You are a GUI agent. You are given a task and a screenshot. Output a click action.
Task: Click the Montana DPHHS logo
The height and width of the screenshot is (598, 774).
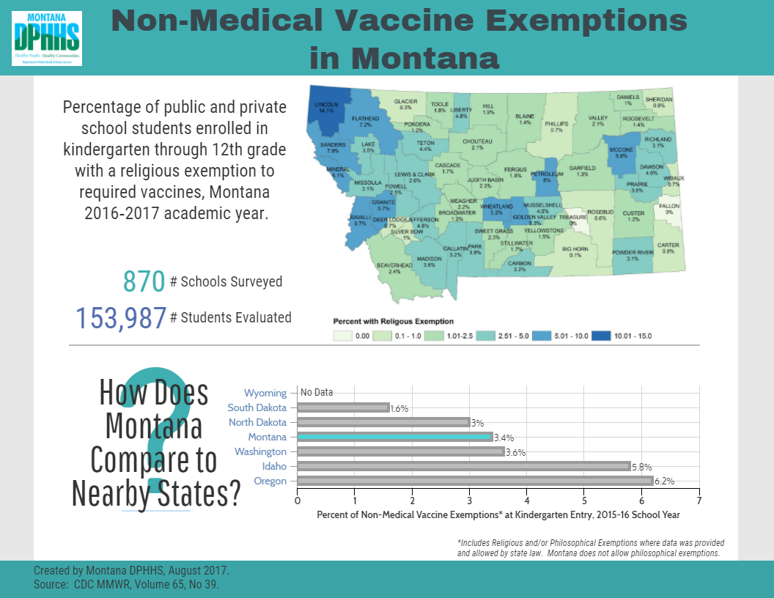[46, 38]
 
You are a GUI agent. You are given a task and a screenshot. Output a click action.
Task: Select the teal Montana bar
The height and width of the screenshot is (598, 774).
[394, 438]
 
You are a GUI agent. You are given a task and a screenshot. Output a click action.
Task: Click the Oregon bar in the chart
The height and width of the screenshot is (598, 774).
[475, 481]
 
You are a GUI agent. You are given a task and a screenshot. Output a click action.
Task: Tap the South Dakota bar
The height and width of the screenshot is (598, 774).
[343, 407]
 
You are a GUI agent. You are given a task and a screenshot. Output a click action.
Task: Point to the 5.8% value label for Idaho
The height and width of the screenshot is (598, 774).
[641, 467]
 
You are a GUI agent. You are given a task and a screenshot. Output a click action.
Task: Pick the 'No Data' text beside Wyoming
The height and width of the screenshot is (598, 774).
[317, 392]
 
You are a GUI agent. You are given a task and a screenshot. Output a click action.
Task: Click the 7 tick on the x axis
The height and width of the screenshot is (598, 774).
[699, 501]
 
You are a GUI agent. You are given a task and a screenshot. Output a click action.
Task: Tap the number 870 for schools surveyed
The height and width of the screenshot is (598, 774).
[144, 281]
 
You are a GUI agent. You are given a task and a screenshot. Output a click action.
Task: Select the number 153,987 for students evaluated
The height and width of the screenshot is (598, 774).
[121, 318]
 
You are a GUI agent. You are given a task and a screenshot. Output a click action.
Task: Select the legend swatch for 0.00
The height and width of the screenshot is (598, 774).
[343, 336]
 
